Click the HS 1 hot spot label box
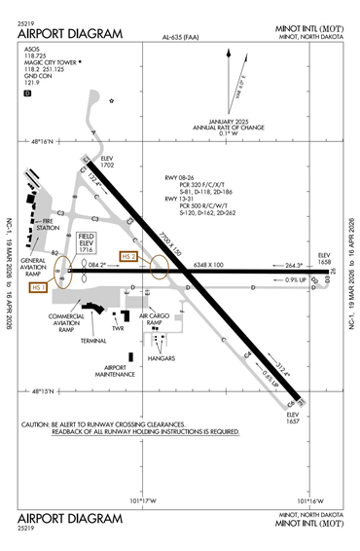40,288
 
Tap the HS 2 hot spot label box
130,257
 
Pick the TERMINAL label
93,342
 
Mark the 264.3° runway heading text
296,265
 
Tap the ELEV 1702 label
106,163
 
